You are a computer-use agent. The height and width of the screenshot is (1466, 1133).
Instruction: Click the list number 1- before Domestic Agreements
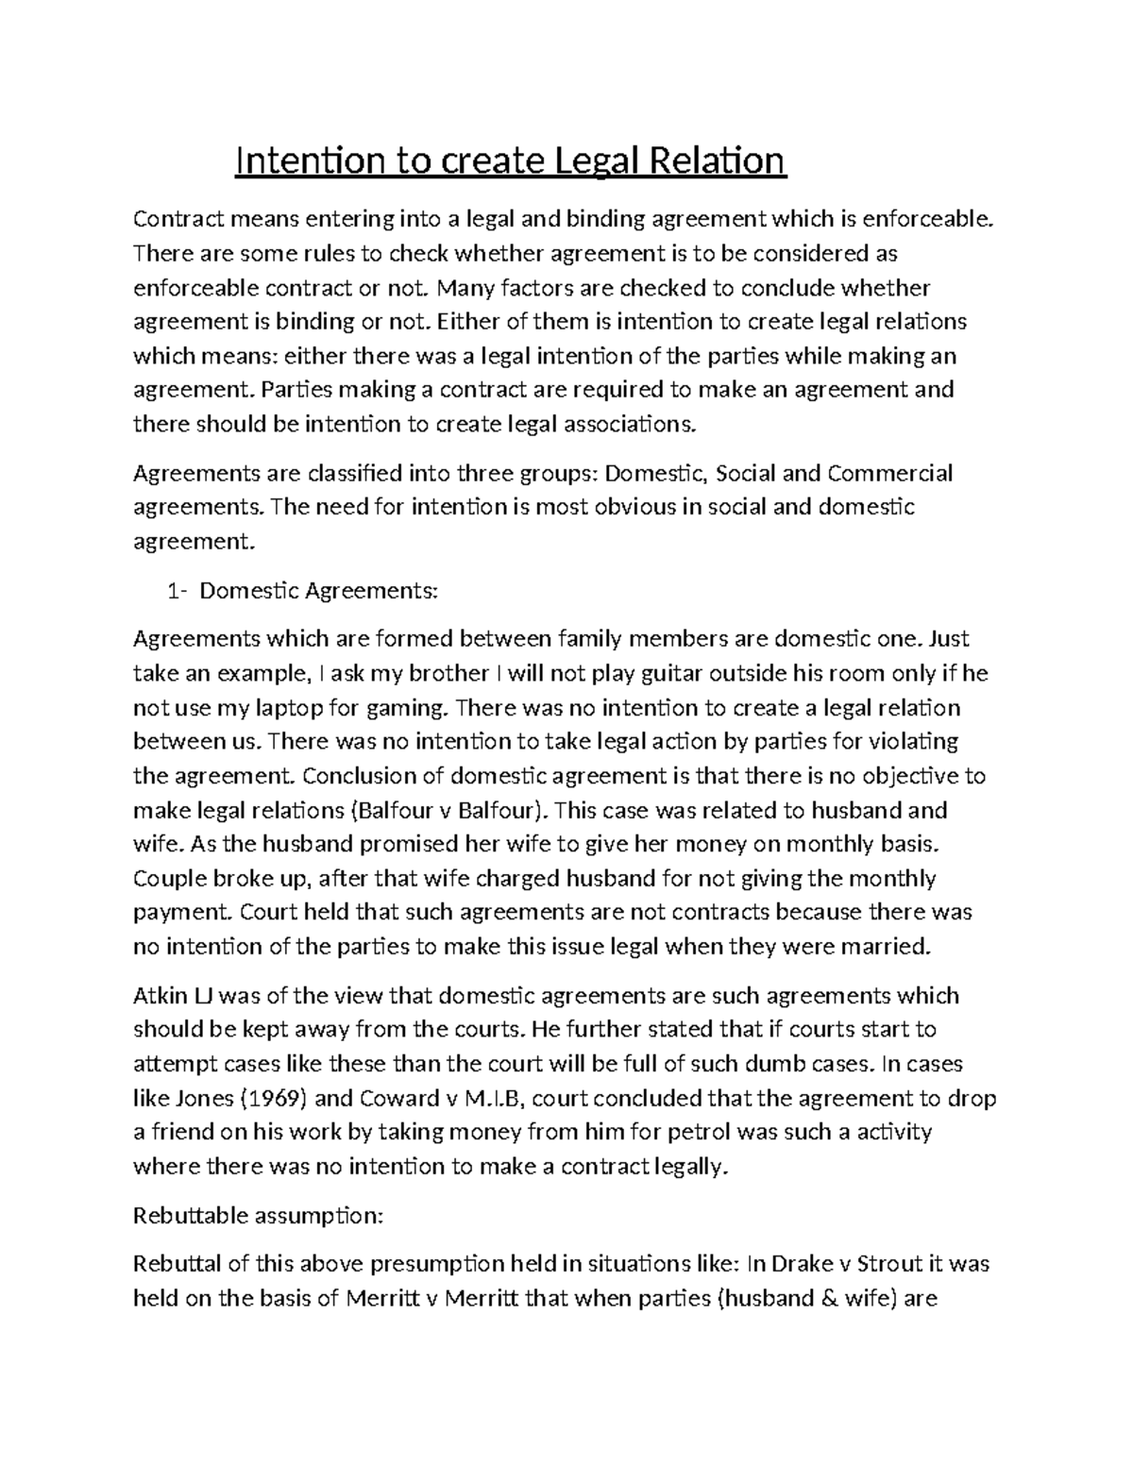tap(177, 591)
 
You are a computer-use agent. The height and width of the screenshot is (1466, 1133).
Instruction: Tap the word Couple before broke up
tap(170, 879)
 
